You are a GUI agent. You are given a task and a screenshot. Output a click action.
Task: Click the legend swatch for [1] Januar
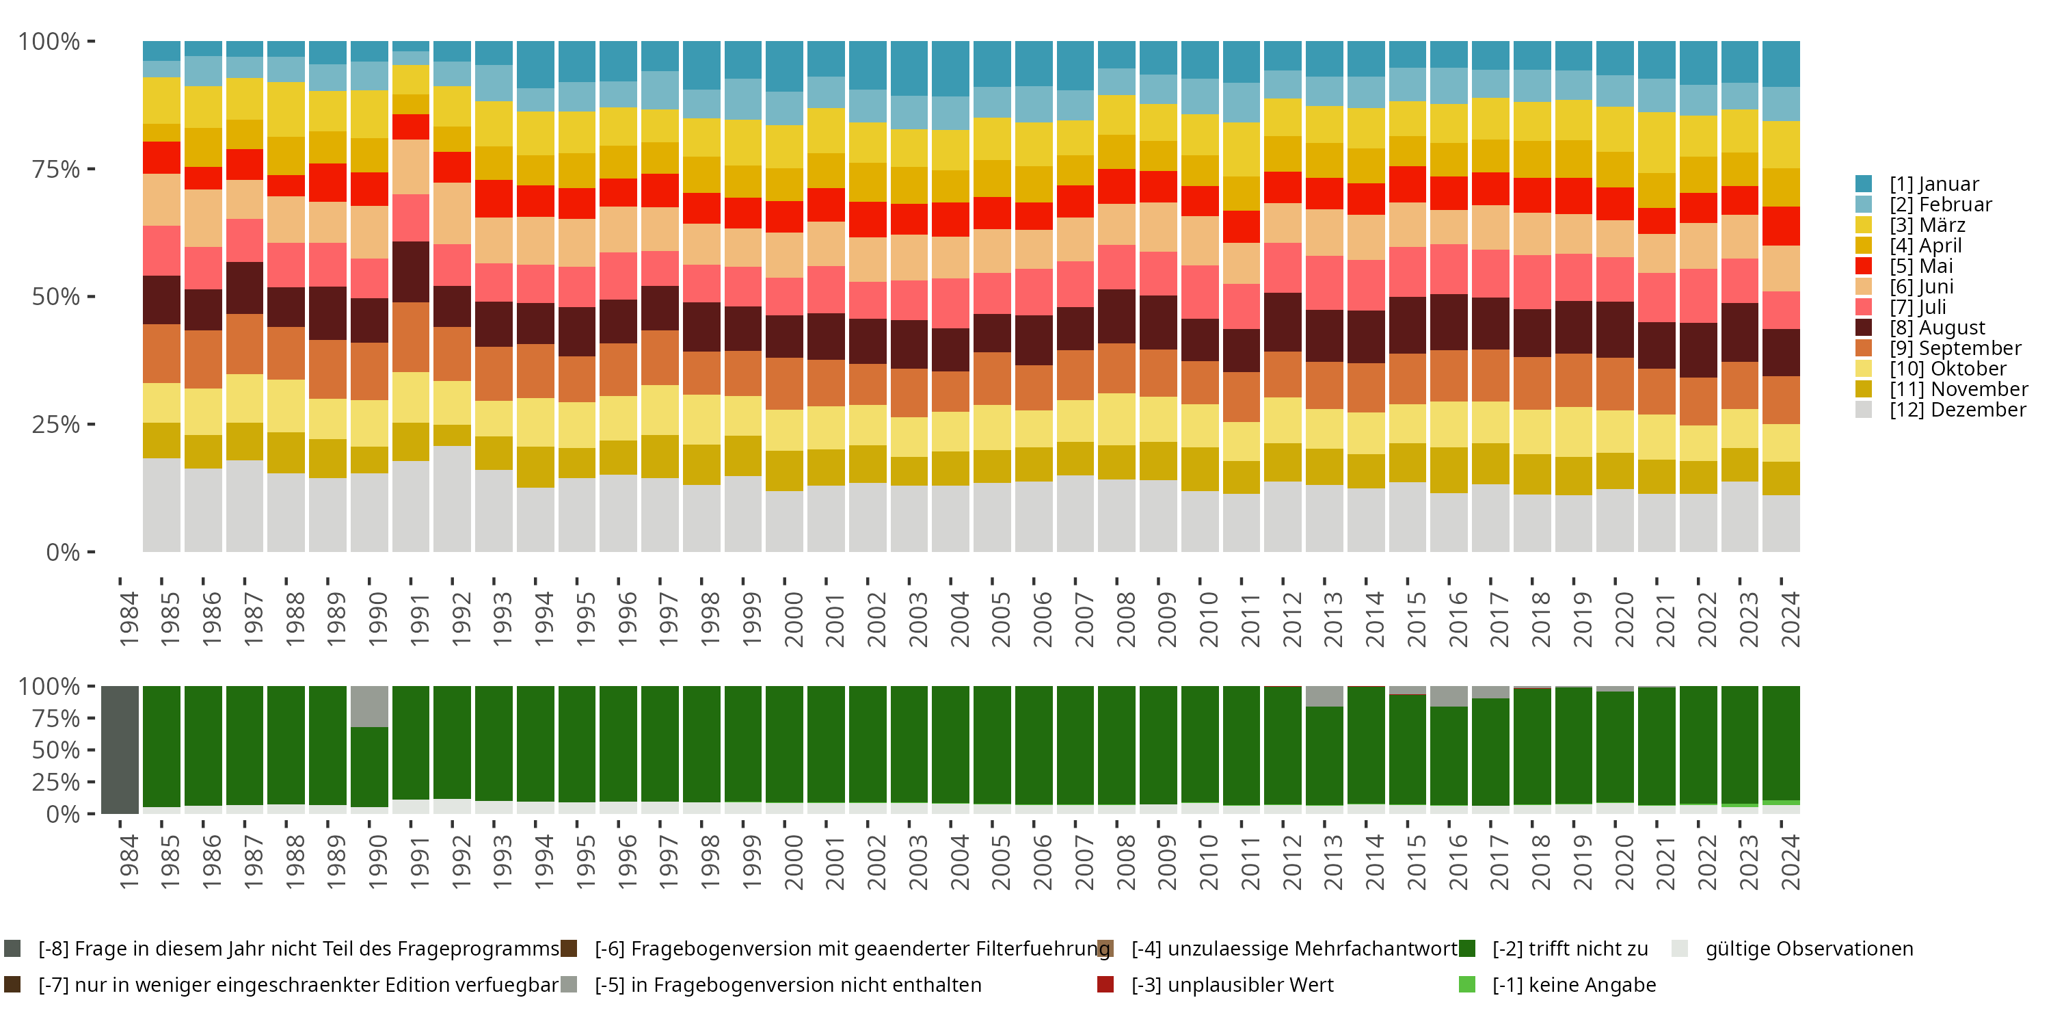(x=1864, y=184)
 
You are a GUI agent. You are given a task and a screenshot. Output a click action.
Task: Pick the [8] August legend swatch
(x=1864, y=328)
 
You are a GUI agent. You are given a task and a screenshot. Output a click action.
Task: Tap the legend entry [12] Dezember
(x=1957, y=410)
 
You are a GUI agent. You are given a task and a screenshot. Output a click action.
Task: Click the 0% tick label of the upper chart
(x=63, y=552)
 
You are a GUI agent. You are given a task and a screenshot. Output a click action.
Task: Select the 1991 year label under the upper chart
(x=420, y=619)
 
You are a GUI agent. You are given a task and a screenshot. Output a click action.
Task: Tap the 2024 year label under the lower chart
(x=1789, y=862)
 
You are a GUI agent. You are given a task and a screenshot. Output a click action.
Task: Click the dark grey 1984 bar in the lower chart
(x=120, y=750)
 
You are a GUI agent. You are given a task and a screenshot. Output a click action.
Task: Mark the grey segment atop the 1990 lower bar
(x=369, y=707)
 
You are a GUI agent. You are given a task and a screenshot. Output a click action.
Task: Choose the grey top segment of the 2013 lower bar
(x=1324, y=696)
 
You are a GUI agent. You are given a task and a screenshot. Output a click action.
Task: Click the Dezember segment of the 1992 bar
(x=452, y=499)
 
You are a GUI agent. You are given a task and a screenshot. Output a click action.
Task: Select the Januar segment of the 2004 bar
(x=951, y=68)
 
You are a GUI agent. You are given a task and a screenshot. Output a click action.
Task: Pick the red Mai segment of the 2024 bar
(x=1781, y=226)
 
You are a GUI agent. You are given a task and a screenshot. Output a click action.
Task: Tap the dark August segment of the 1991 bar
(x=411, y=272)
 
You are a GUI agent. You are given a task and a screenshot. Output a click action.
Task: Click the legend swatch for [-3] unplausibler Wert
(x=1105, y=984)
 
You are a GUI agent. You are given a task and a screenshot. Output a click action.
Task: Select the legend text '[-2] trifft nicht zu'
(x=1569, y=949)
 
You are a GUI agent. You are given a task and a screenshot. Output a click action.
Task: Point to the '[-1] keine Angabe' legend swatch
(x=1466, y=984)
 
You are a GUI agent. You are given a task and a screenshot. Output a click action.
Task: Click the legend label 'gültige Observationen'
(x=1809, y=949)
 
